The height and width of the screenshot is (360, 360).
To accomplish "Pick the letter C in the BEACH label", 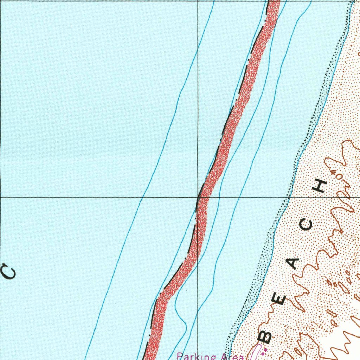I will coord(307,225).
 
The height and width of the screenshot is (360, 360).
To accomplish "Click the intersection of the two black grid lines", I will coord(198,197).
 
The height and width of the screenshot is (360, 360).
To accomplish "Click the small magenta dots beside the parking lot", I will coord(265,350).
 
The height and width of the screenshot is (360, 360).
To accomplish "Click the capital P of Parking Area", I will coord(180,356).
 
